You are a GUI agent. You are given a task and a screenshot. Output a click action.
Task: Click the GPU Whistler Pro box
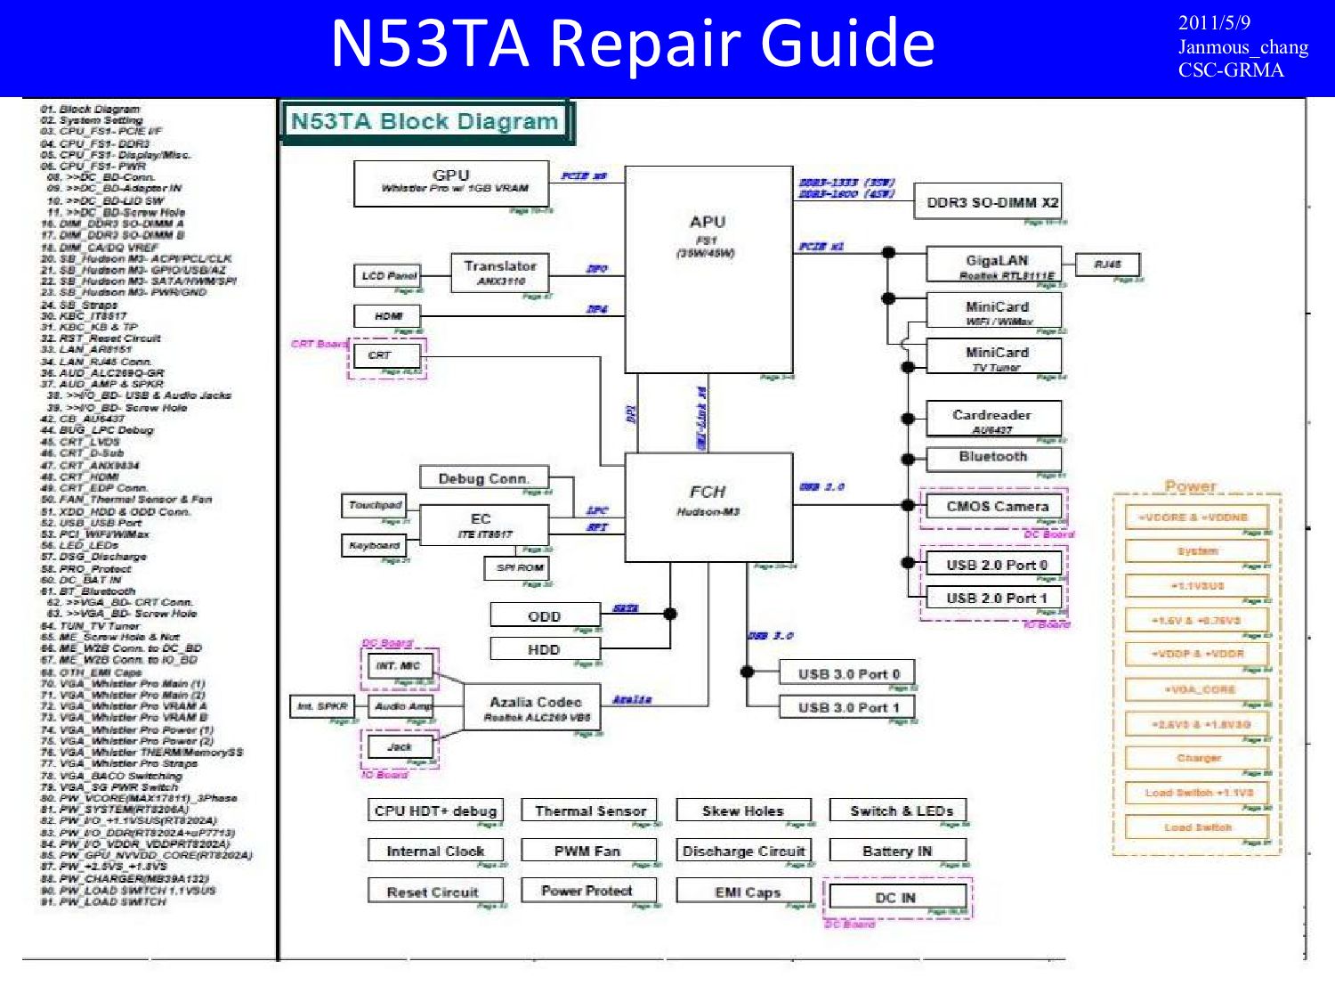pos(451,183)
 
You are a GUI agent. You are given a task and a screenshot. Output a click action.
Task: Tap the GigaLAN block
pos(994,265)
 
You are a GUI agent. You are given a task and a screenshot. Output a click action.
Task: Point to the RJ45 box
pos(1107,265)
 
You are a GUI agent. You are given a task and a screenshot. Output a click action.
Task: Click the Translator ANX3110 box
pos(500,272)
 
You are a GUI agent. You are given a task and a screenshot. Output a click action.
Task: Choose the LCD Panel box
pos(388,276)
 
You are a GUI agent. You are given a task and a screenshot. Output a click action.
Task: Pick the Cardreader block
pos(992,419)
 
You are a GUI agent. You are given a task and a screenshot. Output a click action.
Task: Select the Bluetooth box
pos(993,458)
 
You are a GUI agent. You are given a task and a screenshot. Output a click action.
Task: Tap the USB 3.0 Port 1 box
pos(848,707)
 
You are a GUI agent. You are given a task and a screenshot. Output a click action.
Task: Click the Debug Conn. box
pos(483,478)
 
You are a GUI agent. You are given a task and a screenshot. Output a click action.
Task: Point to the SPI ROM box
pos(518,568)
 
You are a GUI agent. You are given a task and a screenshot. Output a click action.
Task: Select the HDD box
pos(544,649)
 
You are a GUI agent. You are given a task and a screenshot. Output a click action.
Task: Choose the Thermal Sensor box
pos(589,811)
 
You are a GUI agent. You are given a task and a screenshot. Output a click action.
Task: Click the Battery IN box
pos(897,851)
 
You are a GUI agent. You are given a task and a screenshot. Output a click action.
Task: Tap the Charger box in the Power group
pos(1198,758)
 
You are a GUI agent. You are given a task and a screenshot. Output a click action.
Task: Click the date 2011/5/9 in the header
pos(1214,23)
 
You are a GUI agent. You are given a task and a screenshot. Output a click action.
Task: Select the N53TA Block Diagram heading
pos(425,122)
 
